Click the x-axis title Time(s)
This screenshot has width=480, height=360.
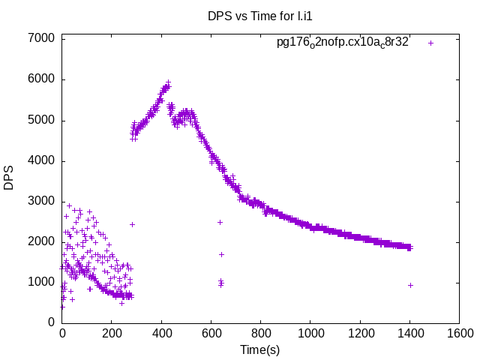pos(259,349)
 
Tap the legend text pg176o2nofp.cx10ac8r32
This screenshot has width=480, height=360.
pos(343,43)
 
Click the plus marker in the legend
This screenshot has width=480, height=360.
pos(430,43)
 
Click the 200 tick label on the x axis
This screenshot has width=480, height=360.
pos(112,332)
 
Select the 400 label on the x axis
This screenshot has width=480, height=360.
pos(161,332)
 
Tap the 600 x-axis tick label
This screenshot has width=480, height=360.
pos(211,332)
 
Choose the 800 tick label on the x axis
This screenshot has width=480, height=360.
pos(260,332)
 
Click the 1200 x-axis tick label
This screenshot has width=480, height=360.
pos(359,332)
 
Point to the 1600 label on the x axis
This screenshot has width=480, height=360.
pos(458,332)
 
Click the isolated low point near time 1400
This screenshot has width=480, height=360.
pos(410,285)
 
